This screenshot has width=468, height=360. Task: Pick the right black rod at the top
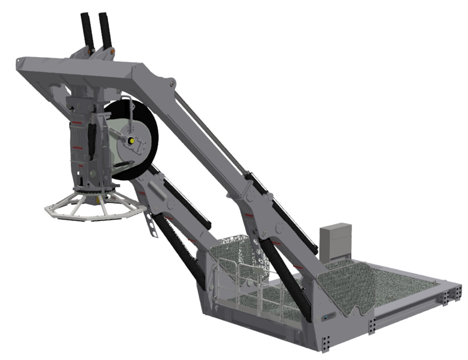tap(106, 29)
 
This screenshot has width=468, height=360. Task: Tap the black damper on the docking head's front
tap(92, 140)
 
